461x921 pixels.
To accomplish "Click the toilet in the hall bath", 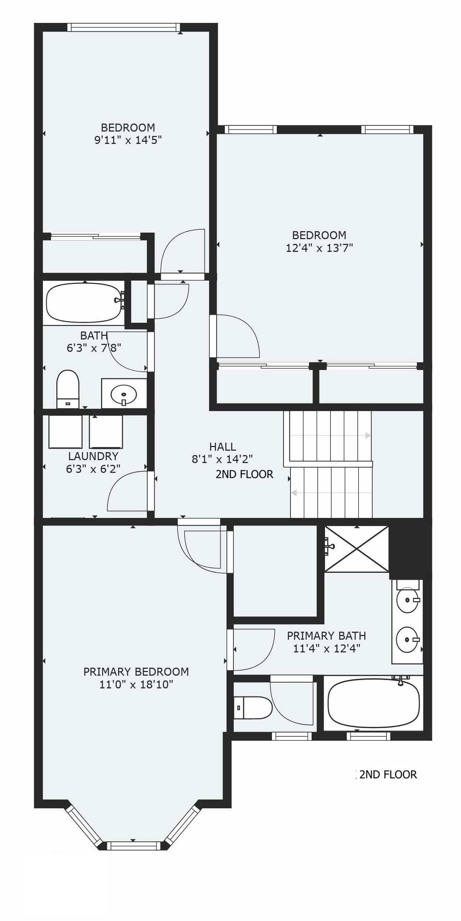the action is (x=68, y=389).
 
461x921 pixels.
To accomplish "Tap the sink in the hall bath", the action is (x=124, y=394).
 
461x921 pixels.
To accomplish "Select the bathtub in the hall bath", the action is (x=84, y=302).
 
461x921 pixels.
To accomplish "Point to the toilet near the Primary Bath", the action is (x=253, y=707).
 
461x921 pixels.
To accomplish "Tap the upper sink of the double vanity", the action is (x=408, y=600).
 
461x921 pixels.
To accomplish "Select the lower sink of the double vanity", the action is (x=408, y=639).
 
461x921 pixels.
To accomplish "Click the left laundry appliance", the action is (x=65, y=431).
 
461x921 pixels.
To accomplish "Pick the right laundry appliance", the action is (x=106, y=431).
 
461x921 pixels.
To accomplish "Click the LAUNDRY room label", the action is (x=93, y=456).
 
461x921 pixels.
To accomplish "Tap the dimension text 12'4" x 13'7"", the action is (x=320, y=248).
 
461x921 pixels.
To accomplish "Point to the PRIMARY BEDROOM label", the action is (x=136, y=672).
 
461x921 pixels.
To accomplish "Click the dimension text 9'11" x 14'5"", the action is (x=128, y=140).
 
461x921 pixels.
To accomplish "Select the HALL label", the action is (x=223, y=447).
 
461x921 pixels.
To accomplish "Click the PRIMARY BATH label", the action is (x=326, y=636).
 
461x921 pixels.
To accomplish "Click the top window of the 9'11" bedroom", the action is (x=124, y=27).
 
